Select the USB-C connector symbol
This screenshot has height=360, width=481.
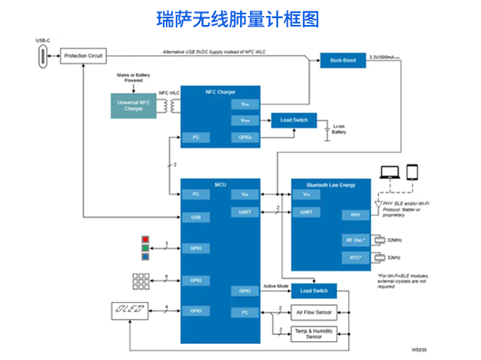pos(42,56)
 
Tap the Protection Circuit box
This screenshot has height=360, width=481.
pos(83,56)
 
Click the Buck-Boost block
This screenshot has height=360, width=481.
pos(339,59)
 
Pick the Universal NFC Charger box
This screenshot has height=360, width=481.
pos(133,105)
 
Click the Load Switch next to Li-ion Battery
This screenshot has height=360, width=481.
pos(293,120)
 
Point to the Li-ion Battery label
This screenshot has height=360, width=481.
pos(339,129)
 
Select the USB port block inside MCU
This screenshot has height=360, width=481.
pos(195,218)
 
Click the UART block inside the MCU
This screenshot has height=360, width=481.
pos(245,211)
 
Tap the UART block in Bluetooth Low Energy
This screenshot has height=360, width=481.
pos(306,211)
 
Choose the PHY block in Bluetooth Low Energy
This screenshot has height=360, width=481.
pos(355,215)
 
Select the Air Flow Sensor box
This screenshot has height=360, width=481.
pos(314,311)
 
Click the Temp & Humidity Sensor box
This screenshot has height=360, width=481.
pos(314,333)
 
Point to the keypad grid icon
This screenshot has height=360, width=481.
pos(142,280)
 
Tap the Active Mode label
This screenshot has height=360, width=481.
pos(277,286)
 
